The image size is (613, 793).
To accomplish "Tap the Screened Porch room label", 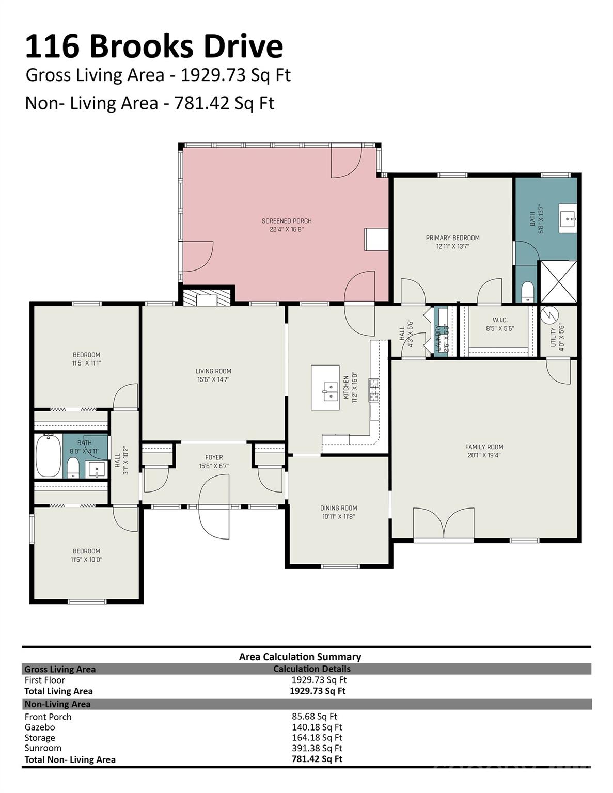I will pyautogui.click(x=287, y=221).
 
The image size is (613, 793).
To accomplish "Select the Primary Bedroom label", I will pyautogui.click(x=452, y=238).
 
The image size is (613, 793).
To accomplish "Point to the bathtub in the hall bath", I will pyautogui.click(x=48, y=456).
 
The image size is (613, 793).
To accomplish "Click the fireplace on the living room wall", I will pyautogui.click(x=207, y=297).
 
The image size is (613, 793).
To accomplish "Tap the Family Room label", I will pyautogui.click(x=484, y=447).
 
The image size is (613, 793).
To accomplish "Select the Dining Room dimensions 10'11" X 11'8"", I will pyautogui.click(x=338, y=516).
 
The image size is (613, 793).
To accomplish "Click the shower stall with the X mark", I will pyautogui.click(x=558, y=281).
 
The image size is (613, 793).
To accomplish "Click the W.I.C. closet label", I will pyautogui.click(x=500, y=320).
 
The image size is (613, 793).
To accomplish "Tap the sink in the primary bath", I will pyautogui.click(x=568, y=218).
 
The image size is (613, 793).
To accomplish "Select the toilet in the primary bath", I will pyautogui.click(x=527, y=291).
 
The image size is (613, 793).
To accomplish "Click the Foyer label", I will pyautogui.click(x=214, y=457).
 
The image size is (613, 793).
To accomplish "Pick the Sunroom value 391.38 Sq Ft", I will pyautogui.click(x=317, y=748).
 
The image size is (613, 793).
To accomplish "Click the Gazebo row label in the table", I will pyautogui.click(x=40, y=727).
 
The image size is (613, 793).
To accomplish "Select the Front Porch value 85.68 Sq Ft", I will pyautogui.click(x=314, y=717).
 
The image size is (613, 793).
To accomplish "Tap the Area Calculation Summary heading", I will pyautogui.click(x=300, y=657).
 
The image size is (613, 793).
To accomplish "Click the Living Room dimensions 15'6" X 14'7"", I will pyautogui.click(x=213, y=379).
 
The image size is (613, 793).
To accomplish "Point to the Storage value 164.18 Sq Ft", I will pyautogui.click(x=317, y=738).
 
